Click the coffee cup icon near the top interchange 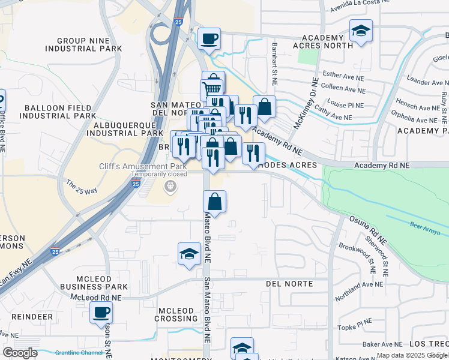(209, 39)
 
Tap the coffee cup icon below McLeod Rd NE (101, 312)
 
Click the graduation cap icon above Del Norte (189, 253)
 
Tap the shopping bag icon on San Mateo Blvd (214, 202)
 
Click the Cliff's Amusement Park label (142, 166)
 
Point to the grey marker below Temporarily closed (170, 187)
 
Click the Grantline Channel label (79, 353)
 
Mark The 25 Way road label (82, 187)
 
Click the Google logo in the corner (20, 352)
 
